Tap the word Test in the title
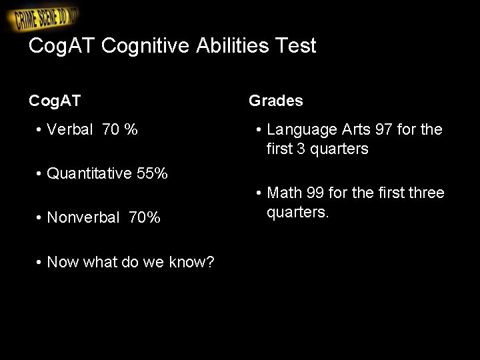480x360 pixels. (x=295, y=46)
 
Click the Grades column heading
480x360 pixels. (x=275, y=101)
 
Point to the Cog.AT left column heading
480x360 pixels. (x=55, y=101)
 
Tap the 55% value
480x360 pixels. (x=152, y=174)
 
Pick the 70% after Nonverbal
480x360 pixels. (x=144, y=217)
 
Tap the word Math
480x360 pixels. (x=285, y=193)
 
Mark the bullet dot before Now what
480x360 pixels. (x=40, y=262)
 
